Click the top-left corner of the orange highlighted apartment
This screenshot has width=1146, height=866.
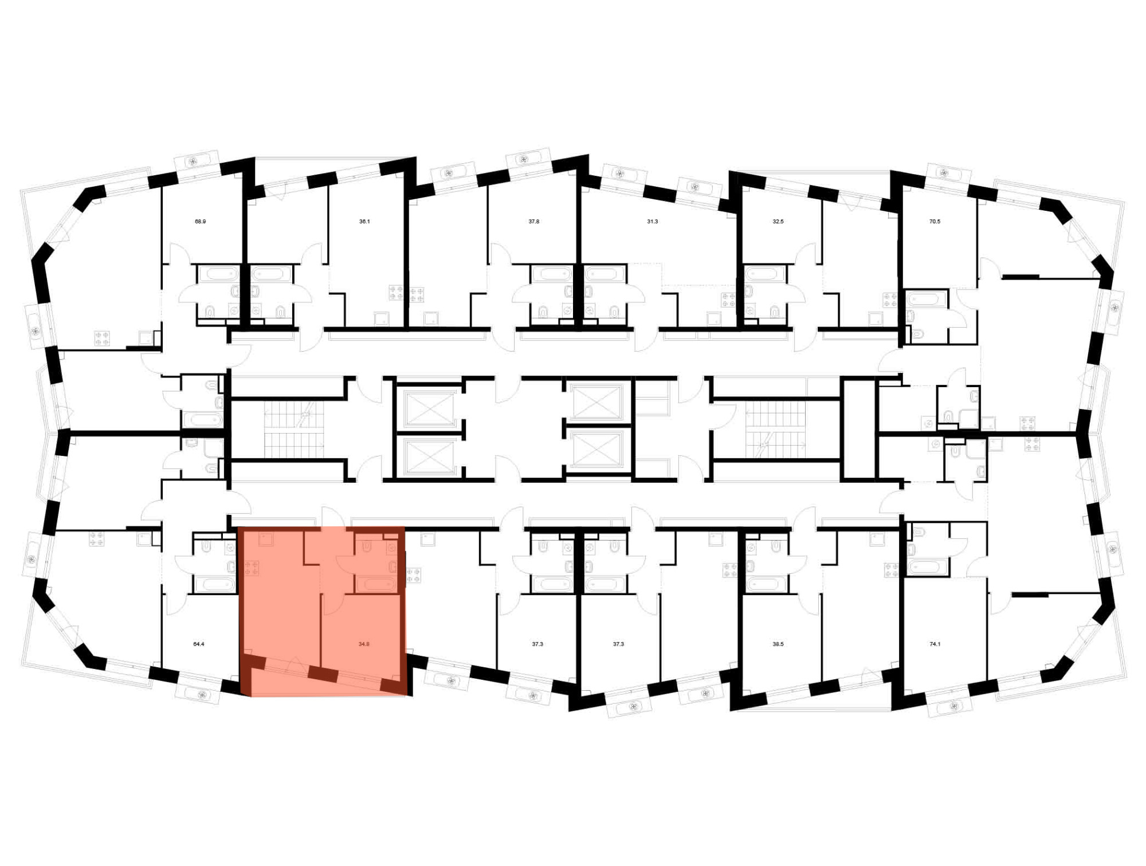click(238, 527)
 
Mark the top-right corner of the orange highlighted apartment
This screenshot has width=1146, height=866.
click(406, 527)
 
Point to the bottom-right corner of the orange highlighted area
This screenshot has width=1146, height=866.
click(406, 696)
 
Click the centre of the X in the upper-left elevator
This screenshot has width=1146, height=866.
click(429, 408)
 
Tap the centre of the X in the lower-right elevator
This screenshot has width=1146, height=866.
click(597, 450)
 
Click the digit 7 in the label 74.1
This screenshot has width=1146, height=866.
click(931, 644)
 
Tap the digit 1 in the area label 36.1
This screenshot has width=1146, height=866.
click(368, 221)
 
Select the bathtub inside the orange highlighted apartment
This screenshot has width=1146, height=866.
click(375, 584)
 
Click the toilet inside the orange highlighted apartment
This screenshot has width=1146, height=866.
click(367, 547)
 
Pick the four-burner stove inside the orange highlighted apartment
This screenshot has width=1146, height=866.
click(252, 568)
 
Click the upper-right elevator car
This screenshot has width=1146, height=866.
click(597, 402)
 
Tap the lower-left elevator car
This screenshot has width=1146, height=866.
click(429, 456)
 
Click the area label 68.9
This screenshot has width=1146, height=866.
click(200, 221)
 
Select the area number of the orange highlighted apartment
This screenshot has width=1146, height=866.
click(364, 644)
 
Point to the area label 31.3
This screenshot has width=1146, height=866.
click(652, 221)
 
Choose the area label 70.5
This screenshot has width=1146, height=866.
click(935, 221)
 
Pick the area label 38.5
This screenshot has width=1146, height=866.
click(778, 644)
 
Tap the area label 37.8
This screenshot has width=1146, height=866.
click(533, 221)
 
